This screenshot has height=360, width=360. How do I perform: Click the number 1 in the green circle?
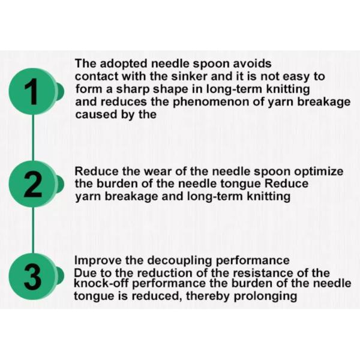32,91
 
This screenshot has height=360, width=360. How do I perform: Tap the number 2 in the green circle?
33,185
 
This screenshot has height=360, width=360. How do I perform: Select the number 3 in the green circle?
33,277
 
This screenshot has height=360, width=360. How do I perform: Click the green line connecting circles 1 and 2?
33,137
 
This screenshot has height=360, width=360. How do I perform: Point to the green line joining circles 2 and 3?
33,230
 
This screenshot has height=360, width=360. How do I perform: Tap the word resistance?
263,273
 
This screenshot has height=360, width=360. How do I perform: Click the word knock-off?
102,283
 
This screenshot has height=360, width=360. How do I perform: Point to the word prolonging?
265,296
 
